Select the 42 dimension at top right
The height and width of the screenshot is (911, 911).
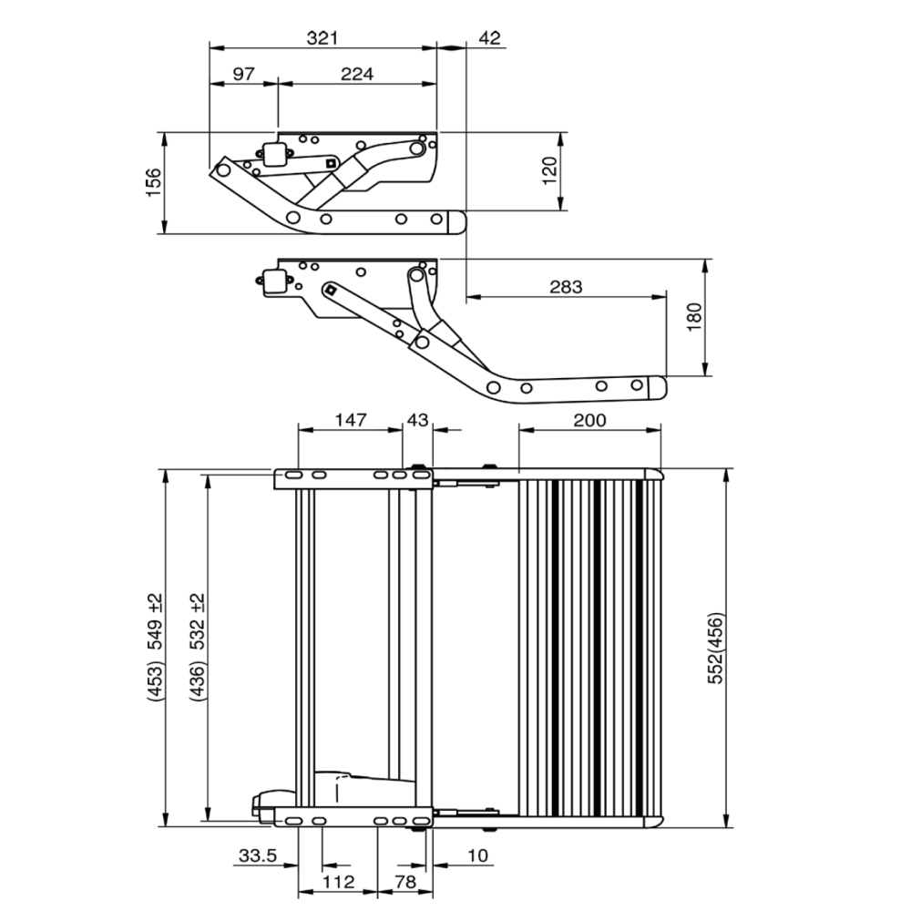tap(489, 38)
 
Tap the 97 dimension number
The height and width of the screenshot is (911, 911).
tap(243, 75)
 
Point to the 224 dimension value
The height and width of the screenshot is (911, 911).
tap(356, 75)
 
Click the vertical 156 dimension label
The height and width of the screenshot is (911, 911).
tap(154, 182)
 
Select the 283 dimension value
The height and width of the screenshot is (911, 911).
tap(565, 287)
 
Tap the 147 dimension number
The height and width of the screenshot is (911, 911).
tap(350, 420)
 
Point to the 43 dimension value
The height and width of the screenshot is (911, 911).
tap(416, 420)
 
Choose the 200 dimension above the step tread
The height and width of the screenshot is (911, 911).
tap(589, 420)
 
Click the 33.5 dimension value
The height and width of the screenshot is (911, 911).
tap(257, 856)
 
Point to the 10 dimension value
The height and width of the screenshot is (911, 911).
tap(478, 856)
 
